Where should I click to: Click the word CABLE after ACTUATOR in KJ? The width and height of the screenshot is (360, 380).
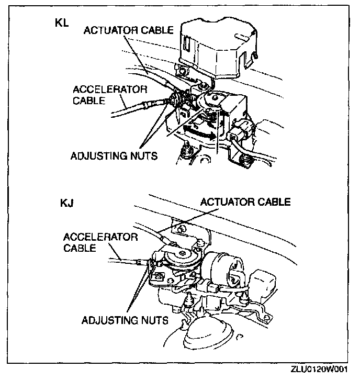pos(274,202)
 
